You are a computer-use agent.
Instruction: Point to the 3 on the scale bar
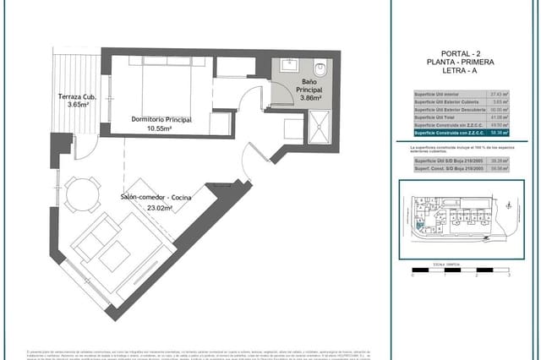(508, 275)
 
